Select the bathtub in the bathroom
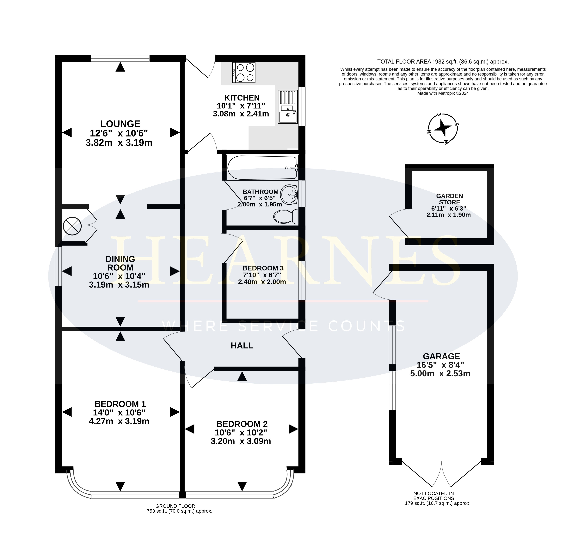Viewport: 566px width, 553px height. pyautogui.click(x=262, y=167)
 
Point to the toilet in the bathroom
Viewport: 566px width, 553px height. pyautogui.click(x=286, y=216)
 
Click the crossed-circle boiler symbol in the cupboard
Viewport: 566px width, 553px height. pyautogui.click(x=72, y=226)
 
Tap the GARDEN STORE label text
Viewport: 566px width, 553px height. pyautogui.click(x=449, y=199)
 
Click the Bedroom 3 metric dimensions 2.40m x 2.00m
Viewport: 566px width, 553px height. pyautogui.click(x=262, y=282)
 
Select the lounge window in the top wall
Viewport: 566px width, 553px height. pyautogui.click(x=120, y=58)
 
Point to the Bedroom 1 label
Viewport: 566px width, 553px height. pyautogui.click(x=120, y=404)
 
